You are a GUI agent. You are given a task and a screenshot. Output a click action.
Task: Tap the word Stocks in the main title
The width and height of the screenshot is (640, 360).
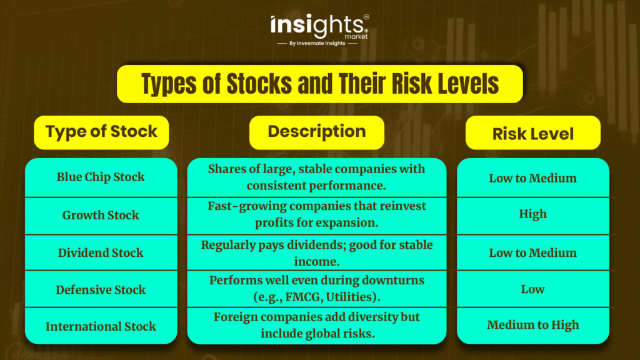click(259, 84)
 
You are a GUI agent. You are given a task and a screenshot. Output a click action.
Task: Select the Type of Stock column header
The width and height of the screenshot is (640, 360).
click(101, 132)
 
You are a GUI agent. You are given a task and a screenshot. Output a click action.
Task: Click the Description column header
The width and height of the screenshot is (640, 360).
click(317, 132)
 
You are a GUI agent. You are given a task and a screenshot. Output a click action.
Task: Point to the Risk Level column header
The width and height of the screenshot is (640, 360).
click(533, 132)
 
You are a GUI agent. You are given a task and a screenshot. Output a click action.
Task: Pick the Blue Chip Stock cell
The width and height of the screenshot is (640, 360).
click(101, 177)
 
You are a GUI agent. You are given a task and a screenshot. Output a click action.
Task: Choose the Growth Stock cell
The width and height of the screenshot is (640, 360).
click(101, 216)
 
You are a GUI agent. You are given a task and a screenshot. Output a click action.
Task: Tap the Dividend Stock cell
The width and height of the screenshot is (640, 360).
click(101, 252)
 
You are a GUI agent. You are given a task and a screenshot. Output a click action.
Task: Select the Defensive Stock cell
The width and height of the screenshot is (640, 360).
click(101, 289)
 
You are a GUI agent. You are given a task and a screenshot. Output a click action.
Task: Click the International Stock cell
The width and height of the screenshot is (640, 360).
click(101, 326)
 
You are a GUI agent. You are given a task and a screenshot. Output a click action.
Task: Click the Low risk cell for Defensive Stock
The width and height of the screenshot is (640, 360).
click(533, 289)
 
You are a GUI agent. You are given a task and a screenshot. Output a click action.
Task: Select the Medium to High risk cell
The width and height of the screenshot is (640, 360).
click(533, 326)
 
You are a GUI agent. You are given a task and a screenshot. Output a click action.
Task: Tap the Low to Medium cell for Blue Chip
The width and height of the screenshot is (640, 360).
click(533, 177)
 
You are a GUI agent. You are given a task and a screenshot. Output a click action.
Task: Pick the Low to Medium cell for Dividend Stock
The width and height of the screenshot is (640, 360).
click(533, 252)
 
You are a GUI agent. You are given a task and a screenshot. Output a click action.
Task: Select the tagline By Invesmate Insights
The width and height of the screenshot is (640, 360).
click(317, 43)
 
